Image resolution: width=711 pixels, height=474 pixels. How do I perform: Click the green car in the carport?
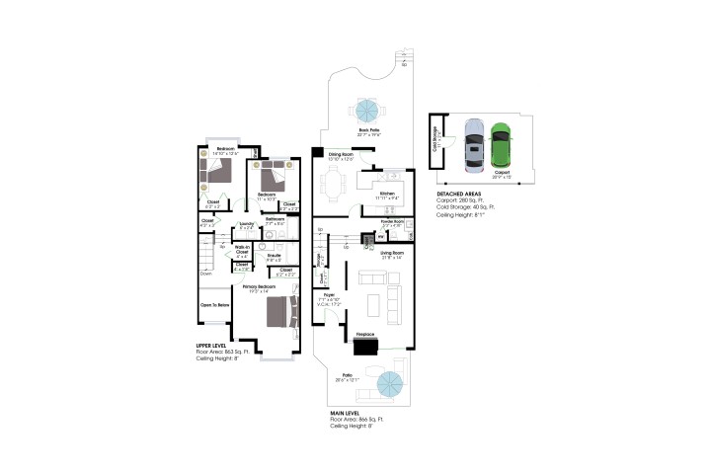coord(502,145)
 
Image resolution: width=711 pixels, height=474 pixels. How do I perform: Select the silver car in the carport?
coord(474,145)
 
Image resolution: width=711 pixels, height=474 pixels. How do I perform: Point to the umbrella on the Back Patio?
coord(368,110)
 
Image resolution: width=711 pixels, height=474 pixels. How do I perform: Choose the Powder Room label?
coord(392,222)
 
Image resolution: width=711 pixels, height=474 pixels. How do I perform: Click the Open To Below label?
coord(214,305)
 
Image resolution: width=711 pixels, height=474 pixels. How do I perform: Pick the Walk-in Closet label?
coord(241,252)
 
